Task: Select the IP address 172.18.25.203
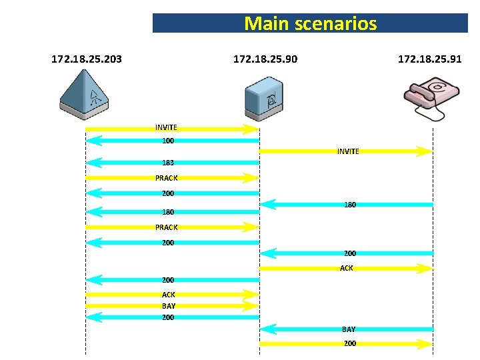coord(87,59)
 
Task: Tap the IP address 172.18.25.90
coord(265,59)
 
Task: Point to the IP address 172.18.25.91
coord(430,59)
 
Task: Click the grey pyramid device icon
coord(84,93)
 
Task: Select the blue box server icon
coord(265,97)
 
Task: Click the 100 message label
coord(168,141)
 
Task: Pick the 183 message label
coord(168,163)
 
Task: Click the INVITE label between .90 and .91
coord(348,151)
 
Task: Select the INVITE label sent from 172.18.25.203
coord(166,127)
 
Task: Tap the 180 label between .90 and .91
coord(350,205)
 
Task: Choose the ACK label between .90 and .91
coord(347,268)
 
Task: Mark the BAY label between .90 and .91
coord(349,329)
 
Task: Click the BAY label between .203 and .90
coord(169,306)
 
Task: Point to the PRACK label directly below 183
coord(166,178)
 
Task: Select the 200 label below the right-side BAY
coord(350,343)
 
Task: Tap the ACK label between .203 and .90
coord(169,294)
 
